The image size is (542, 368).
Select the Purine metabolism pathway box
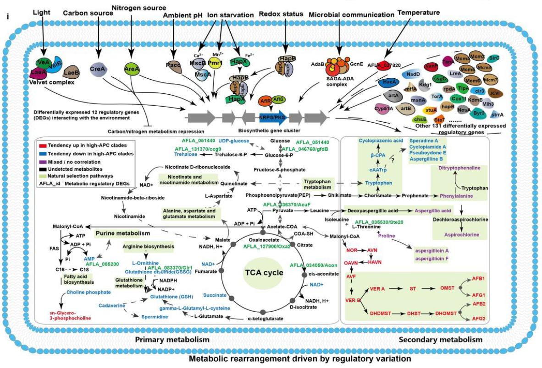pyautogui.click(x=122, y=233)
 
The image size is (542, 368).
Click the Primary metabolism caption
pyautogui.click(x=172, y=340)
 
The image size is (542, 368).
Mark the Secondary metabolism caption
pyautogui.click(x=441, y=340)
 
